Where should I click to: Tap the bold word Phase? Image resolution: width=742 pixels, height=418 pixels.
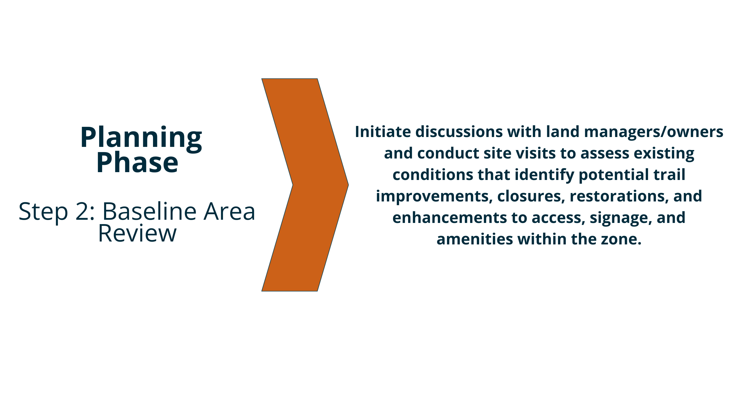click(137, 163)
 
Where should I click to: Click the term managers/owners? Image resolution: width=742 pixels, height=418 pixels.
click(654, 132)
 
